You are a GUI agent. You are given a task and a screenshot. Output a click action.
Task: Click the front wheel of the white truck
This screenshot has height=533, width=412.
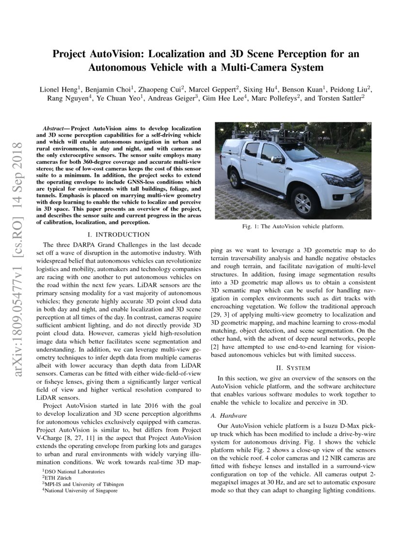click(303, 202)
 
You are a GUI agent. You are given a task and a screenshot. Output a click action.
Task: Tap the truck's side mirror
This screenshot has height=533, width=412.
click(276, 160)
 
